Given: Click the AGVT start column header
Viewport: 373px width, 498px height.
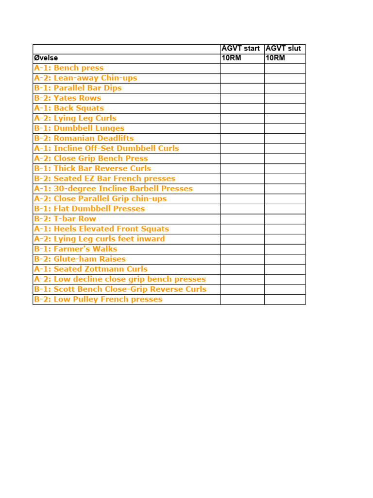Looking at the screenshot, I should (x=240, y=49).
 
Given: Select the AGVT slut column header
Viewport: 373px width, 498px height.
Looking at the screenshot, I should (x=283, y=49).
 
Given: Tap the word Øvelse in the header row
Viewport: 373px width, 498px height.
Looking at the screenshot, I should (x=46, y=58).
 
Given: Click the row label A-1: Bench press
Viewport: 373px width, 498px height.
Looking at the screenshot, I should (x=68, y=68).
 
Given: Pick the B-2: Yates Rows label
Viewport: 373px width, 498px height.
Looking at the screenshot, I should (x=68, y=98).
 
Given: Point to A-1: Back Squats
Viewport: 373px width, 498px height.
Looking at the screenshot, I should (x=68, y=108).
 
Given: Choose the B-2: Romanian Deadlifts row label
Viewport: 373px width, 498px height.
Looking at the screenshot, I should (x=84, y=138).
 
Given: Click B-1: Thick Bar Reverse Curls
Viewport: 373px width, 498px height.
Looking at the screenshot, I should (x=92, y=168).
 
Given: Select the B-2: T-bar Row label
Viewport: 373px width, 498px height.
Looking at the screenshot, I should (x=65, y=219).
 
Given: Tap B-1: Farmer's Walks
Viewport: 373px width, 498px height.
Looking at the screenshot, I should (x=75, y=249).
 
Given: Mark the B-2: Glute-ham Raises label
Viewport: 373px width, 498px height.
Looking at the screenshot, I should (x=80, y=259).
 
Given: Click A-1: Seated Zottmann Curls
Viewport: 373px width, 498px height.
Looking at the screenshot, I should (x=90, y=269).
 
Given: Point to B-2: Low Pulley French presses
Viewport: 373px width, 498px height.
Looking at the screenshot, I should (x=98, y=299).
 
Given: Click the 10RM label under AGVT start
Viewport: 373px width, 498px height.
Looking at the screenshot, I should (x=231, y=58).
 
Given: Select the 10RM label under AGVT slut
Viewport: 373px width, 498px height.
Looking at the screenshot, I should (x=275, y=58).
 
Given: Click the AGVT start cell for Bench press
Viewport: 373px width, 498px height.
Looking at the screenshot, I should (x=242, y=68).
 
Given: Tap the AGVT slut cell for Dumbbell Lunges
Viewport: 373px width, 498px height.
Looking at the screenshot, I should (x=285, y=128).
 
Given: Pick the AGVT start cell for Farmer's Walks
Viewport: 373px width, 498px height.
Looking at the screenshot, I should (x=242, y=249).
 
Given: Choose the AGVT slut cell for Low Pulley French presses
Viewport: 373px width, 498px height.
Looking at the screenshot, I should (x=285, y=299).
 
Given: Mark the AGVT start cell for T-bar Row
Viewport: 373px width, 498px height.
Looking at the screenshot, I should (x=242, y=219).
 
